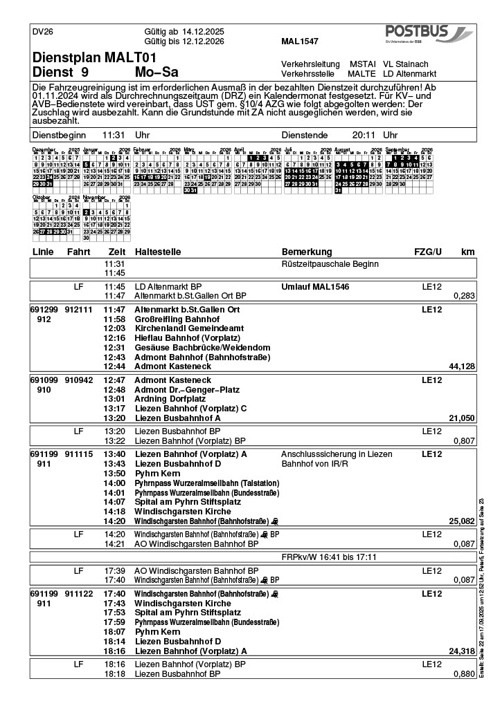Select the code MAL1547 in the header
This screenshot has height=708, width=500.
[300, 41]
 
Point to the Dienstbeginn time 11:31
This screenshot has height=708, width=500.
[113, 136]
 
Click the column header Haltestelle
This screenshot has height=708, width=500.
[159, 251]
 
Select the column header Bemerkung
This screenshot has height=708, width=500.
[307, 251]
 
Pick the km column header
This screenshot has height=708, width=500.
[467, 251]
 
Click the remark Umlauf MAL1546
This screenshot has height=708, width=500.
[315, 286]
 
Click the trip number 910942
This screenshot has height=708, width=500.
[78, 380]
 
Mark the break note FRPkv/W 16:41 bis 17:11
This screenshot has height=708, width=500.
[329, 557]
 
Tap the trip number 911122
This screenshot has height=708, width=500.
[78, 594]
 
